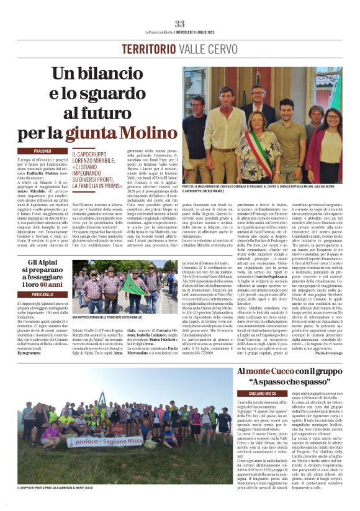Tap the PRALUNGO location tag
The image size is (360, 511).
tap(43, 151)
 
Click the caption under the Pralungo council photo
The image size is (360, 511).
tap(261, 188)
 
